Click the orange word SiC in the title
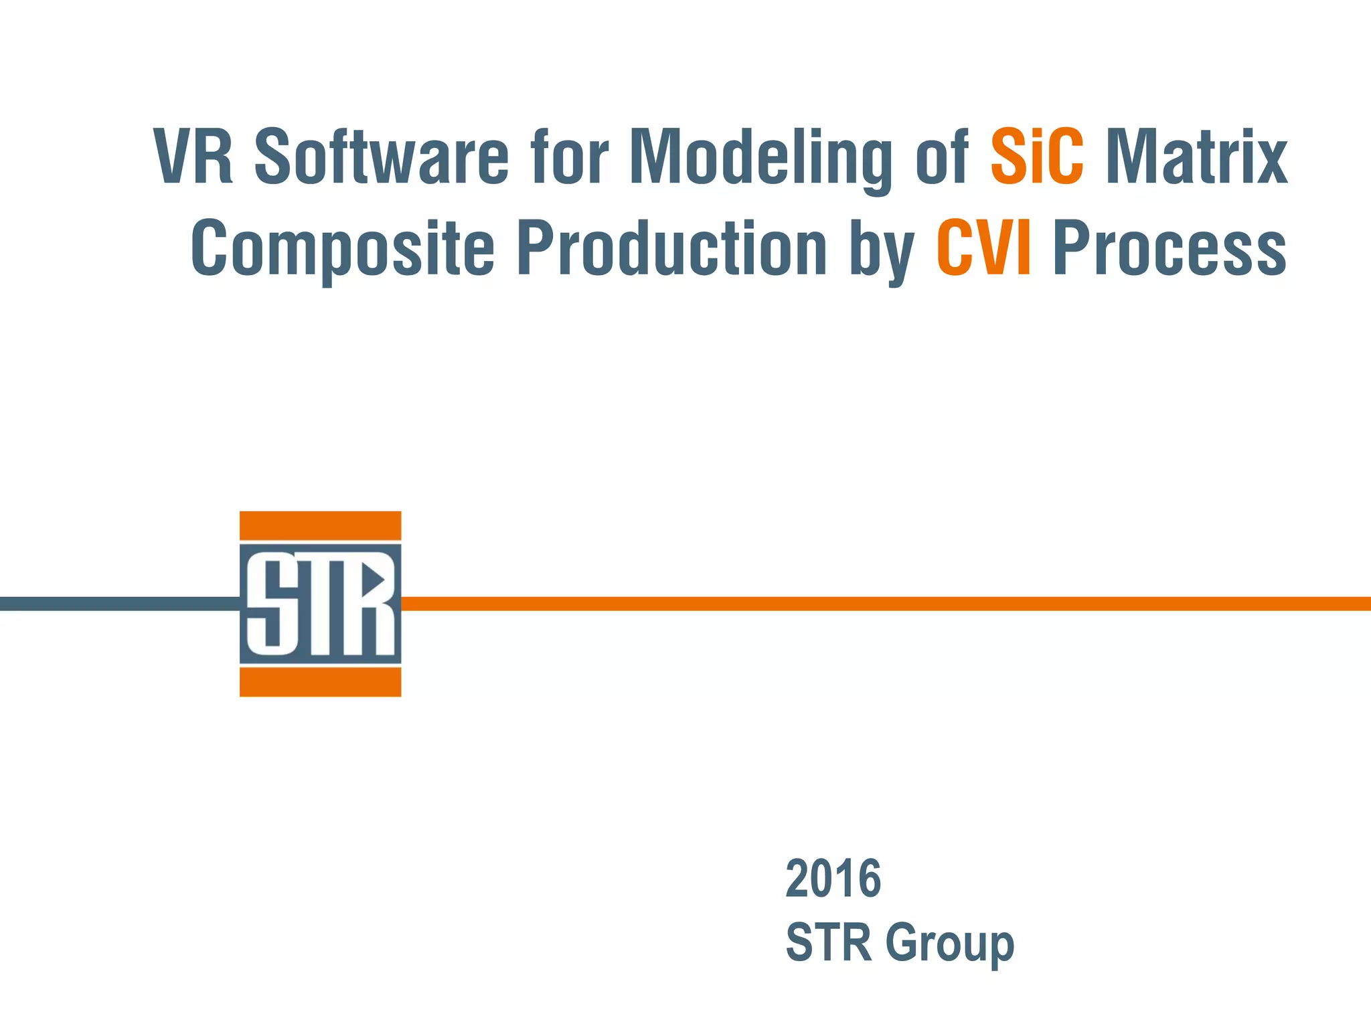click(1037, 157)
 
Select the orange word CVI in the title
click(983, 248)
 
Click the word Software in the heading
click(382, 157)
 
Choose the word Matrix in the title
click(1196, 157)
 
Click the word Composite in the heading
click(342, 250)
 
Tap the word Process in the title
click(1170, 250)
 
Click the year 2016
click(833, 879)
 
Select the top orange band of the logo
click(320, 525)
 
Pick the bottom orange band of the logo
click(320, 683)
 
